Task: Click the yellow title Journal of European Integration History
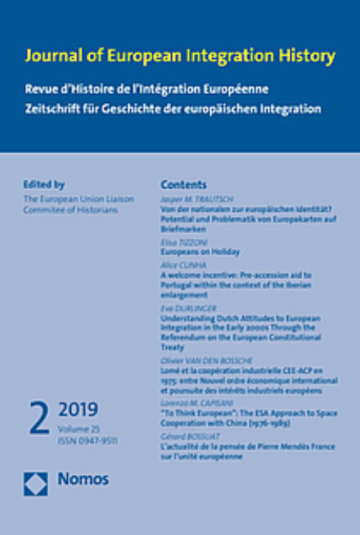[180, 56]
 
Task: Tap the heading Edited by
[45, 185]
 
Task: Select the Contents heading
[183, 185]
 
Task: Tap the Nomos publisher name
[83, 484]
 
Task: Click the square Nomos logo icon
[36, 484]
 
